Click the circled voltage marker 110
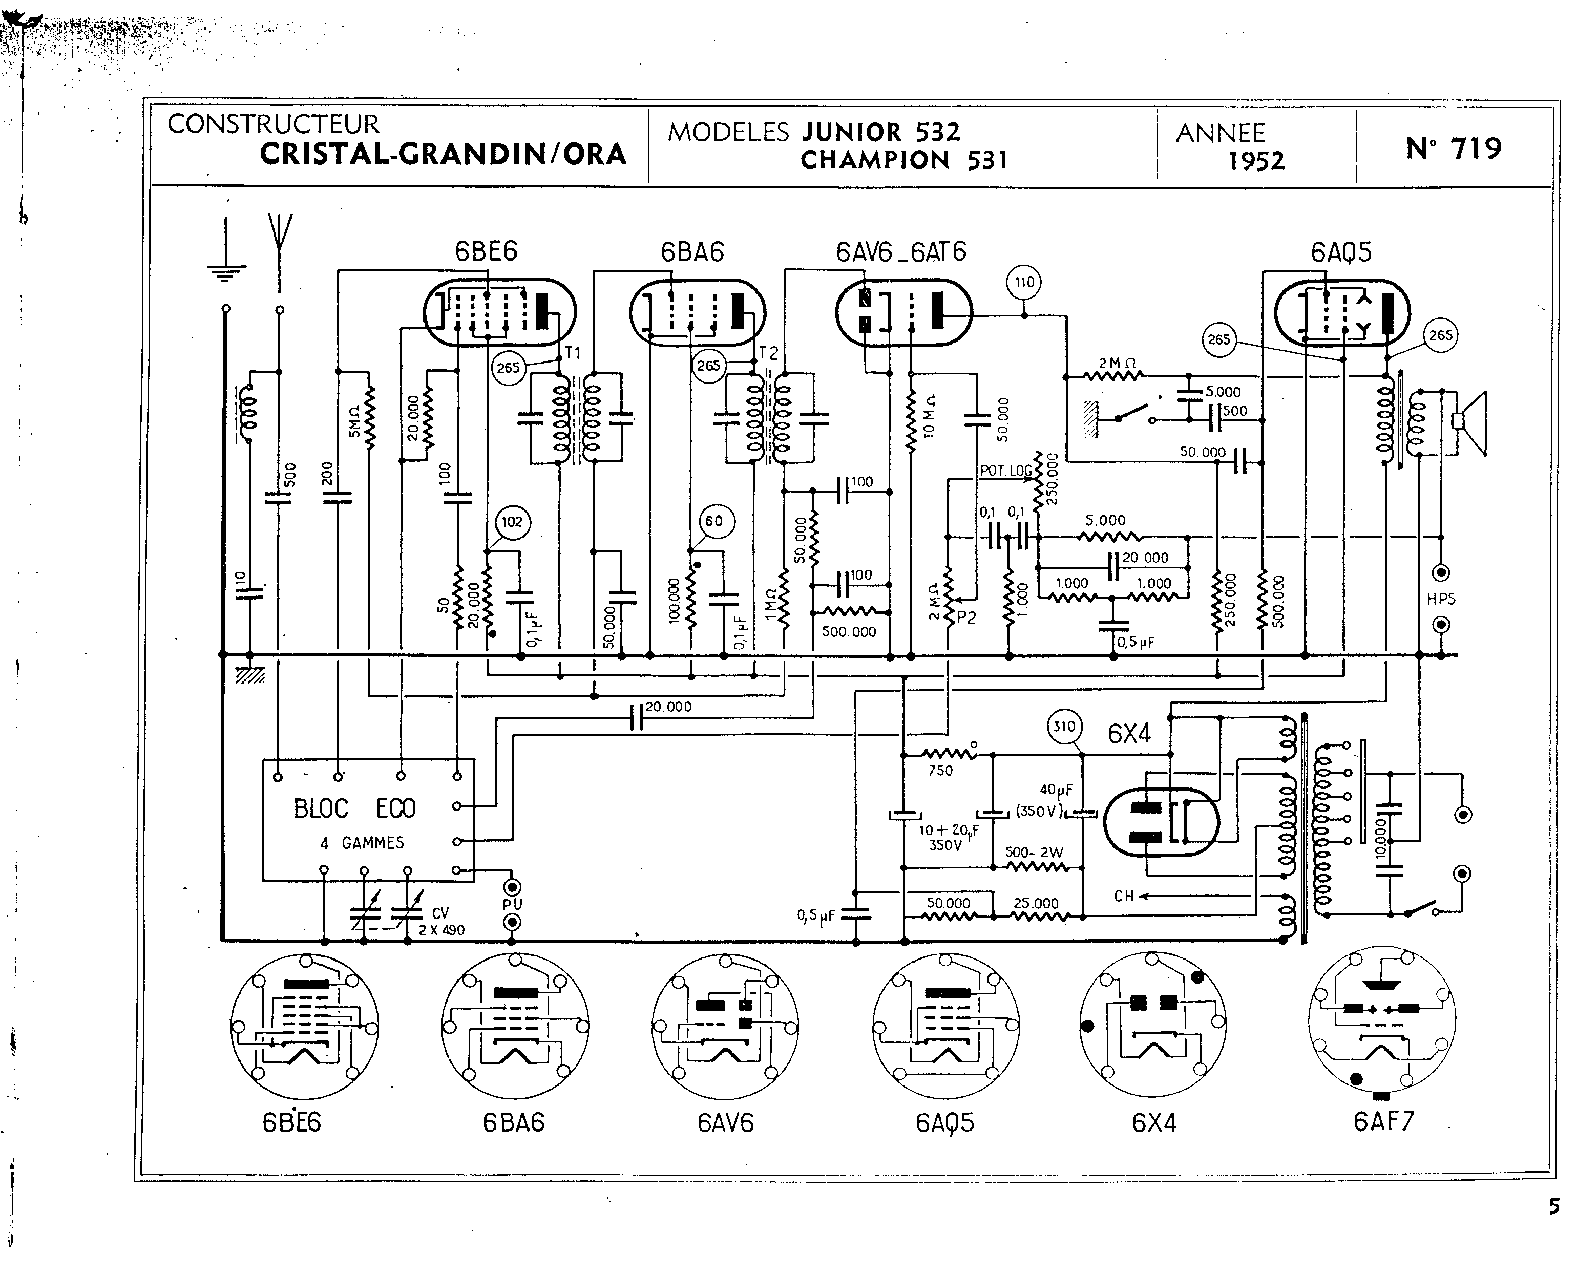(x=1024, y=282)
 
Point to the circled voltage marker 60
(x=713, y=522)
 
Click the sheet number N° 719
(x=1454, y=148)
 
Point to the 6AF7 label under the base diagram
(x=1383, y=1121)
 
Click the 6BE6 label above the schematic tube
(x=486, y=252)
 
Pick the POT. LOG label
(x=1006, y=471)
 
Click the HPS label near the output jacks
(x=1441, y=599)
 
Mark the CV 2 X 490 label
(x=441, y=922)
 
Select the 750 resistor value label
(x=940, y=771)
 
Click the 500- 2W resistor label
(x=1035, y=853)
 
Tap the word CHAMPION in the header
(x=875, y=160)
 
